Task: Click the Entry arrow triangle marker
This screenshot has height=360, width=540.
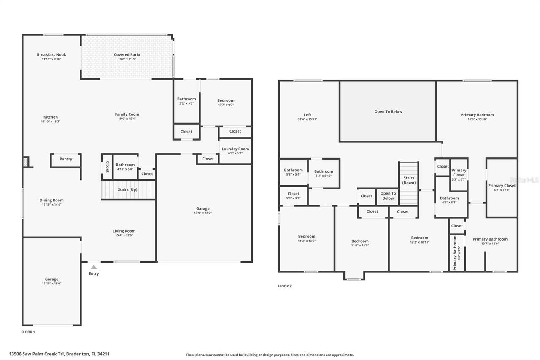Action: [94, 267]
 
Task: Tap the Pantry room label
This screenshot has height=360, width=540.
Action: [66, 159]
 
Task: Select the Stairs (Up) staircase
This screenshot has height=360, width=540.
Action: [128, 189]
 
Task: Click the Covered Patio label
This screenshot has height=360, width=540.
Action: [127, 54]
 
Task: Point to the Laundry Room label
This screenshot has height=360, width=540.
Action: [235, 149]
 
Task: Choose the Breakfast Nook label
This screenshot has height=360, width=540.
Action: [51, 54]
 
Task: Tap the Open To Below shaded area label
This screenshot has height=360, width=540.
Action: [388, 112]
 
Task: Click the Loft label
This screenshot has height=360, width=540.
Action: [308, 115]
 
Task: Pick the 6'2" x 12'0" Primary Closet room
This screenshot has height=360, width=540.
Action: [502, 187]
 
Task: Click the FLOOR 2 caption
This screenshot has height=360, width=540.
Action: [284, 286]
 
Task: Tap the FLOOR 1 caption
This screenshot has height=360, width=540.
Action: [28, 332]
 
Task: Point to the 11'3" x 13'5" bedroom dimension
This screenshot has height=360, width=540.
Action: [307, 241]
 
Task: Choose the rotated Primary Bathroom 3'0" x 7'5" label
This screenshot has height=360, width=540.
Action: [455, 253]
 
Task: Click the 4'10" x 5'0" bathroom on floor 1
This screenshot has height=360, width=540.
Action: [125, 167]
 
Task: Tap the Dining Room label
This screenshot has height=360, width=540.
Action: [52, 200]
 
